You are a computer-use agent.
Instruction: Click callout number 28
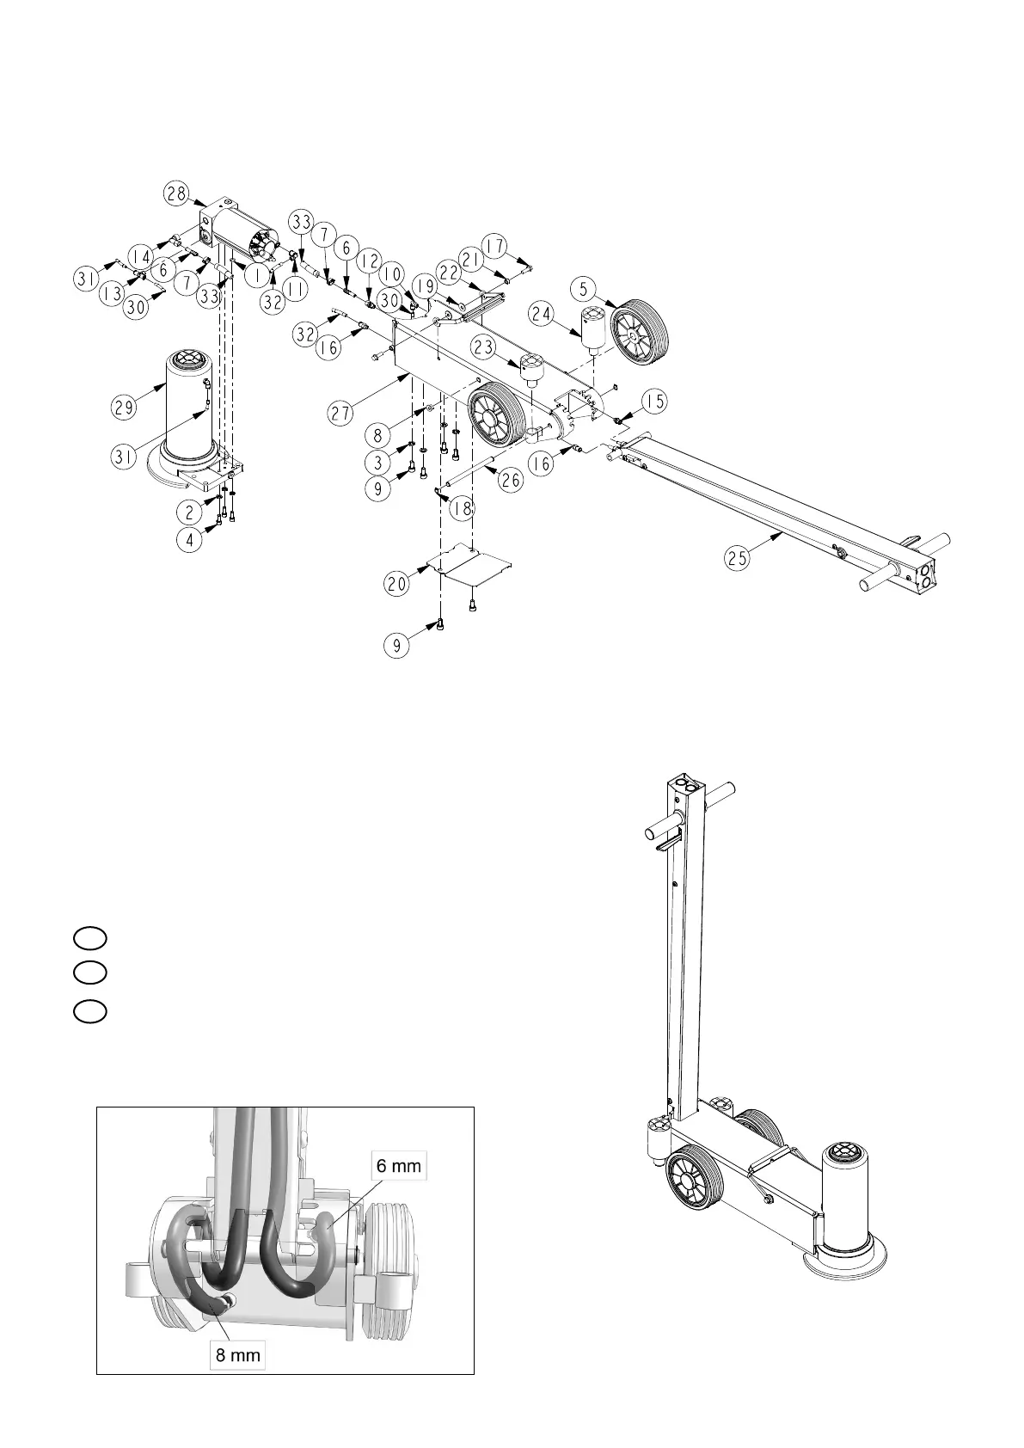[176, 194]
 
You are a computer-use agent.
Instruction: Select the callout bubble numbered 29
[124, 406]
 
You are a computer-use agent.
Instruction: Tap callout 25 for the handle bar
[737, 557]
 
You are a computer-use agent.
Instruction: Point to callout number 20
[397, 585]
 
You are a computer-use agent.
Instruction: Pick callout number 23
[483, 346]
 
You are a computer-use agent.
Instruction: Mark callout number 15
[656, 402]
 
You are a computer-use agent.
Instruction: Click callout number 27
[341, 414]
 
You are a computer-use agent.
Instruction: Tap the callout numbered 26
[511, 480]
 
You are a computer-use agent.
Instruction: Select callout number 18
[463, 509]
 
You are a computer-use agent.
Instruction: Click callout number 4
[189, 542]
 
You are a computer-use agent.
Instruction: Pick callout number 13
[110, 294]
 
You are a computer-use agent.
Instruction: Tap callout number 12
[369, 260]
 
